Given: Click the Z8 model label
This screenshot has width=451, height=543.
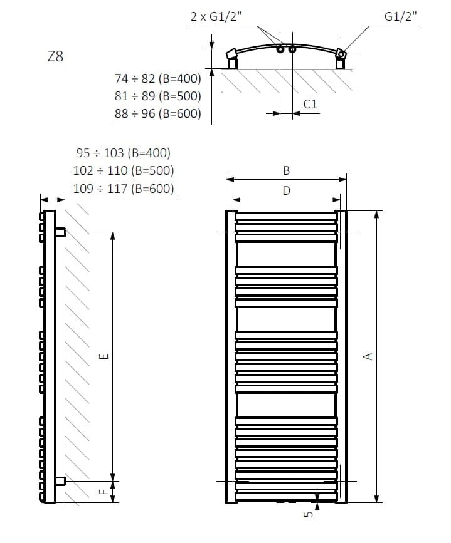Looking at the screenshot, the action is (55, 56).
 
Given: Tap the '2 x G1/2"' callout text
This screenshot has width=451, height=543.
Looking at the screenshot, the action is (216, 16).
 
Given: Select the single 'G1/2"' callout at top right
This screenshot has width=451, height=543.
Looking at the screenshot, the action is (400, 16).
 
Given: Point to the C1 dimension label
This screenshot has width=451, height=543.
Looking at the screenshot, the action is (310, 104).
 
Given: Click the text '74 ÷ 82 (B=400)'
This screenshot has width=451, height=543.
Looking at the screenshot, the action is (158, 79).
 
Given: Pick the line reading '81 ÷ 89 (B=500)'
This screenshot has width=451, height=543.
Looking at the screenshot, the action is (158, 96).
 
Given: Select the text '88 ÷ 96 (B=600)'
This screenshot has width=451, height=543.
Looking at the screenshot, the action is (158, 113).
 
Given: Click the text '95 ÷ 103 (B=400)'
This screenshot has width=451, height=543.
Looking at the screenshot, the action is (123, 153).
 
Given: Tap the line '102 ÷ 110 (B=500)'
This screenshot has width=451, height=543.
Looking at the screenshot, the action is (123, 170).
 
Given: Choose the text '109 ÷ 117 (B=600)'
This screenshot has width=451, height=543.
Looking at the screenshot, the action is (123, 189).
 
